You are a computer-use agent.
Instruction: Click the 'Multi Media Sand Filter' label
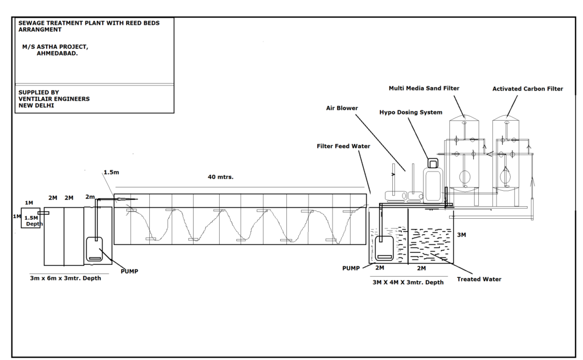[x=424, y=88]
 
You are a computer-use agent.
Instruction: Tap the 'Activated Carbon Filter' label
[x=528, y=88]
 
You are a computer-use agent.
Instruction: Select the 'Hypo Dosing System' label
[x=410, y=112]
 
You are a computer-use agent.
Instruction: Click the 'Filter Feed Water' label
[x=343, y=146]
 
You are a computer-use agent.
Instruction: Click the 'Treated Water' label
[x=479, y=279]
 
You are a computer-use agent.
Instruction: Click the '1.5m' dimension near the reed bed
[x=112, y=171]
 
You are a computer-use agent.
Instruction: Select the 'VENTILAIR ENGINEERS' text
[x=54, y=99]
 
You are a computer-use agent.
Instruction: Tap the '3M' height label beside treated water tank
[x=461, y=234]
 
